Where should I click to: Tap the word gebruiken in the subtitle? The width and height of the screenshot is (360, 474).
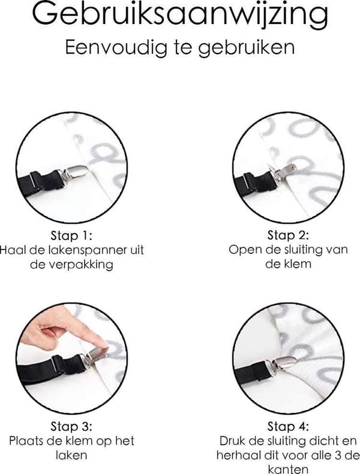[x=247, y=48]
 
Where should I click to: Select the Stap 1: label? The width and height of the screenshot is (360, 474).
[x=71, y=235]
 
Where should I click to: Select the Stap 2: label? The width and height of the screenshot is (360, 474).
[x=288, y=235]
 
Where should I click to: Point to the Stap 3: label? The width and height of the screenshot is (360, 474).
[x=71, y=426]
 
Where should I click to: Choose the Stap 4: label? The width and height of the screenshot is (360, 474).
[x=288, y=426]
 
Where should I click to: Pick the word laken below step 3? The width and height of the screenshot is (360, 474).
[x=71, y=455]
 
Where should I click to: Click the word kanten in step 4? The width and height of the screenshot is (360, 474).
[x=288, y=469]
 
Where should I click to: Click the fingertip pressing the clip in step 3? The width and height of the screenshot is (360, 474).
[x=101, y=343]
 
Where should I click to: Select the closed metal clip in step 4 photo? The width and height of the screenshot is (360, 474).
[x=286, y=362]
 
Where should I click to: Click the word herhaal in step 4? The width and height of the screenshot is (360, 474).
[x=235, y=455]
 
